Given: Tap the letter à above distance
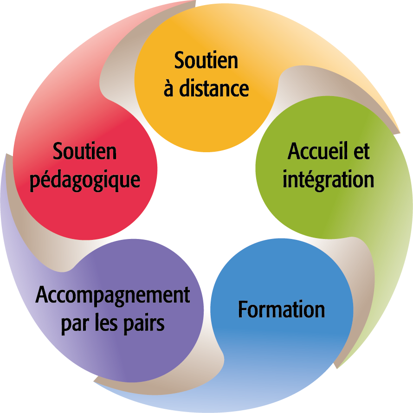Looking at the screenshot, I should [168, 88].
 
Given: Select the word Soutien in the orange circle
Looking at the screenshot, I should [206, 61].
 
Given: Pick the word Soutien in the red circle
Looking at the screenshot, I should [84, 151].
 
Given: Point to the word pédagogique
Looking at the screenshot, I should [85, 180].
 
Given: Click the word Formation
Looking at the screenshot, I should [281, 310].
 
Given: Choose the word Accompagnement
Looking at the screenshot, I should [113, 296].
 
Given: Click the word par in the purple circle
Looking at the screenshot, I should [74, 323].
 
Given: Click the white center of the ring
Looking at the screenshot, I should [206, 204].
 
